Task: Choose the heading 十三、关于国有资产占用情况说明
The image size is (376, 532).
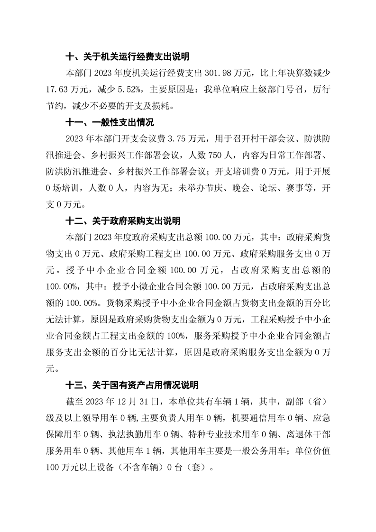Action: (132, 385)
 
